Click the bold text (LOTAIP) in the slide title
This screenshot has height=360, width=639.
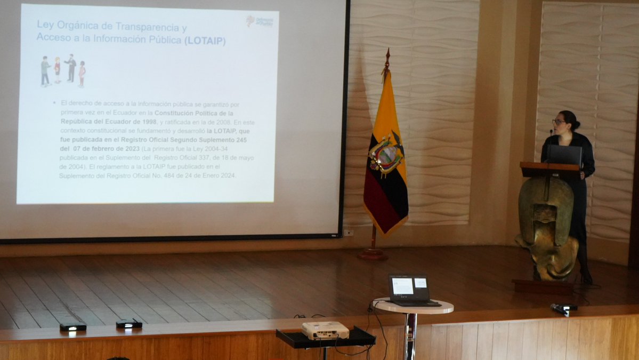tap(205, 41)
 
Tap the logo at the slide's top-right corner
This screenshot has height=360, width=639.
tap(260, 21)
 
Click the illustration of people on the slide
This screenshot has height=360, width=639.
tap(63, 71)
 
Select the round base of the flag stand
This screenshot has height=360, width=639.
tap(373, 254)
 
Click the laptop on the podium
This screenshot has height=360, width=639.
tap(564, 155)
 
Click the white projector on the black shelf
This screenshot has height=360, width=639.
tap(325, 331)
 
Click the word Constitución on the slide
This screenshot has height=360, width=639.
tap(175, 113)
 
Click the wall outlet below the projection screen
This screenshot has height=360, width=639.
tap(348, 233)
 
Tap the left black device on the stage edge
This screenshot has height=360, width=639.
tap(73, 326)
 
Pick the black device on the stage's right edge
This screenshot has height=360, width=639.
tap(563, 308)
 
